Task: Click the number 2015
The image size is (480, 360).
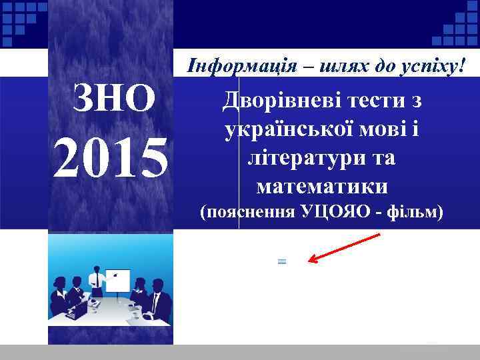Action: [x=111, y=159]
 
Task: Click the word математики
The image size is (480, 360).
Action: [x=321, y=185]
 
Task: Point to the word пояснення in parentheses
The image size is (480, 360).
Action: [x=247, y=213]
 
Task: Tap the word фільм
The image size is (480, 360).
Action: [x=414, y=213]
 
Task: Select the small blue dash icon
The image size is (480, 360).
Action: [x=281, y=262]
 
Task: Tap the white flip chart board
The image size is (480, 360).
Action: [x=119, y=279]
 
